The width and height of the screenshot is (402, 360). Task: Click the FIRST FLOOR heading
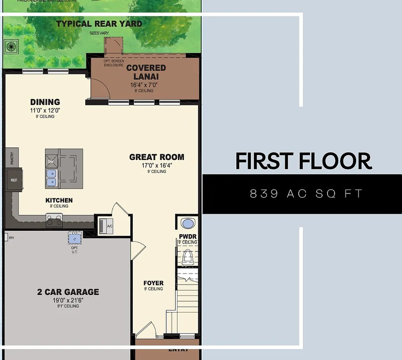[303, 161]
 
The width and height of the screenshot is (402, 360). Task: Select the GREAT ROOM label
[156, 157]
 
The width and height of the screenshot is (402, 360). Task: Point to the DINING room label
[45, 102]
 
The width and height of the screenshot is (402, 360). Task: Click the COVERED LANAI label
[146, 72]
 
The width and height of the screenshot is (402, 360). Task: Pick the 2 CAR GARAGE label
[68, 292]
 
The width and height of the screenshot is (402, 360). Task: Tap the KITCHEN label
[59, 200]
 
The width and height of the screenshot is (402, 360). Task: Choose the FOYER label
[153, 283]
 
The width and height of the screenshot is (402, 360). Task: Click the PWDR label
[188, 236]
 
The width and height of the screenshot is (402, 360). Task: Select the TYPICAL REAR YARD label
[99, 23]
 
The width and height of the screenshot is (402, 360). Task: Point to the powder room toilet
[188, 256]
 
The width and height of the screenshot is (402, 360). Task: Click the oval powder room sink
[188, 223]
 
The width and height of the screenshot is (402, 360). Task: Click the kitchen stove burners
[54, 218]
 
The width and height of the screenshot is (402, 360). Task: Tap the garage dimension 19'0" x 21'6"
[68, 300]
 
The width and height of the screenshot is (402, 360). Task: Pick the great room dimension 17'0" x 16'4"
[156, 165]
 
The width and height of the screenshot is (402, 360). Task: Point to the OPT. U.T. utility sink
[75, 237]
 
